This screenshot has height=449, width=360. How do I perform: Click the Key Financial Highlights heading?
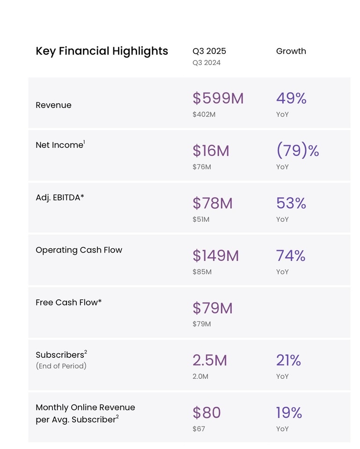click(102, 51)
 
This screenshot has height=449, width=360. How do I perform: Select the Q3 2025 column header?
click(209, 51)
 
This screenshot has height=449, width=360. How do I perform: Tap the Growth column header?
click(291, 51)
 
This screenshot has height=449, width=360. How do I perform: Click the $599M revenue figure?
click(218, 98)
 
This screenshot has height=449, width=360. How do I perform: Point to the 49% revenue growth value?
click(291, 98)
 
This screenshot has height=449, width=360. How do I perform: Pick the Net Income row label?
click(60, 145)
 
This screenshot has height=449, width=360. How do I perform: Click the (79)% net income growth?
click(297, 151)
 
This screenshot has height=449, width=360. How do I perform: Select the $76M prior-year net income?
click(202, 167)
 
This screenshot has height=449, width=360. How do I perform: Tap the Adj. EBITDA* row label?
click(60, 197)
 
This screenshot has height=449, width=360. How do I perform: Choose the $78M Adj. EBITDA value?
click(213, 203)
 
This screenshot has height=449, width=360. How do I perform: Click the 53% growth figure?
click(291, 203)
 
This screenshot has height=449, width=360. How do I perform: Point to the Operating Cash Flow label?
click(79, 250)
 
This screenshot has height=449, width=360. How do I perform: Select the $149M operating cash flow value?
click(216, 255)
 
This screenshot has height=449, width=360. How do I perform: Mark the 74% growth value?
click(291, 255)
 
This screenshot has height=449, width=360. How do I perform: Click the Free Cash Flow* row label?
click(68, 302)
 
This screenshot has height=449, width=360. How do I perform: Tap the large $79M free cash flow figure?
click(213, 308)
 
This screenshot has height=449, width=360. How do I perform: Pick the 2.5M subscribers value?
click(210, 360)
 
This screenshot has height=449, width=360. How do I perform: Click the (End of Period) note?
click(61, 366)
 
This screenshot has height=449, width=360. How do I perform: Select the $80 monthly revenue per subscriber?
click(206, 413)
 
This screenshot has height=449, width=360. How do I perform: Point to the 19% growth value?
click(289, 413)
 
